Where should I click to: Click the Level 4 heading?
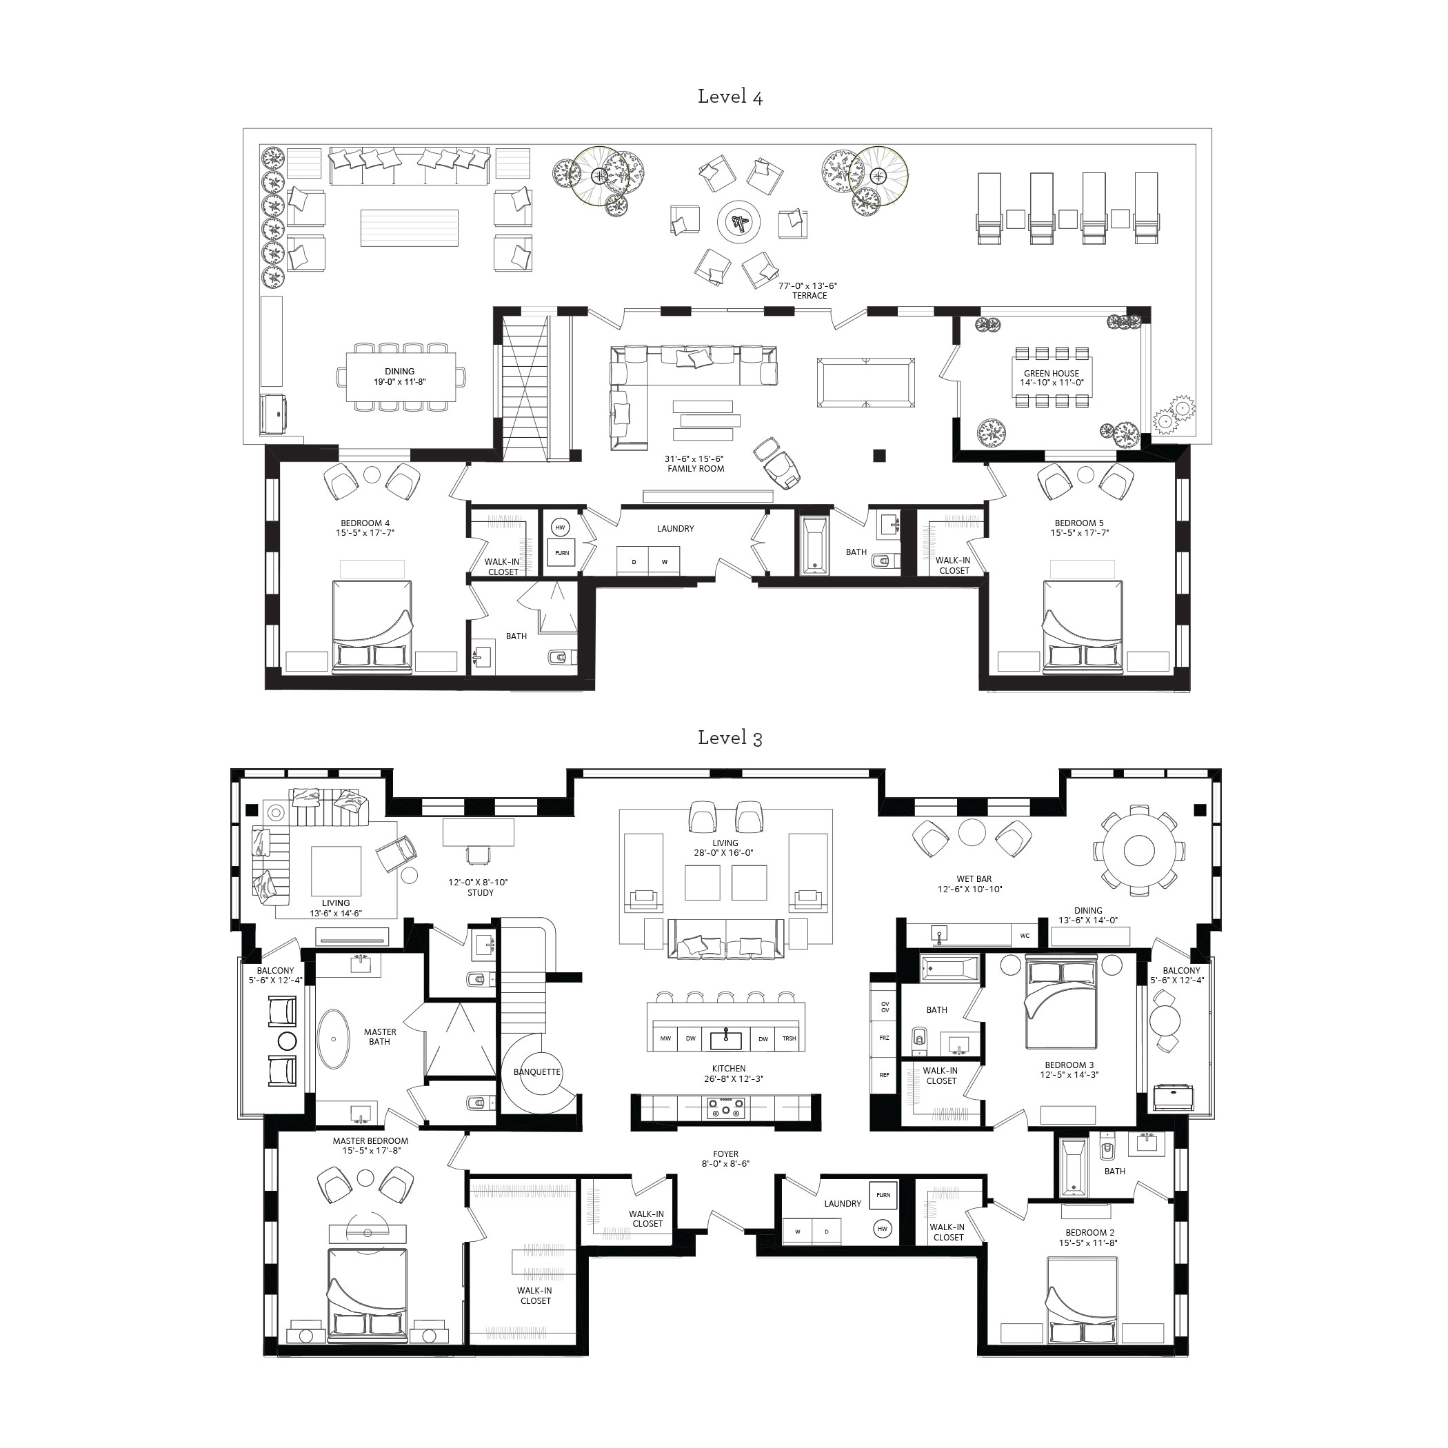pos(730,97)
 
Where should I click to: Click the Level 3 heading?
pos(730,738)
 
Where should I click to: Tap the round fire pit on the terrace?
pos(739,222)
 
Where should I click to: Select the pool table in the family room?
pos(865,382)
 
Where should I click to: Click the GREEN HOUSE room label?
pos(1051,373)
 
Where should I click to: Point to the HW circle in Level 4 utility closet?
pos(560,527)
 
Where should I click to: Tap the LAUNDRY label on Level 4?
pos(675,528)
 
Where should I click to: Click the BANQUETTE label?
pos(536,1072)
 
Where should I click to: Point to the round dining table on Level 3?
pos(1138,851)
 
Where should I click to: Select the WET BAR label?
pos(974,879)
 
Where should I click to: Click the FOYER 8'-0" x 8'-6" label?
pos(725,1158)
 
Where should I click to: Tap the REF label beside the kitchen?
pos(885,1075)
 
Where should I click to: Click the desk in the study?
pos(478,833)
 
